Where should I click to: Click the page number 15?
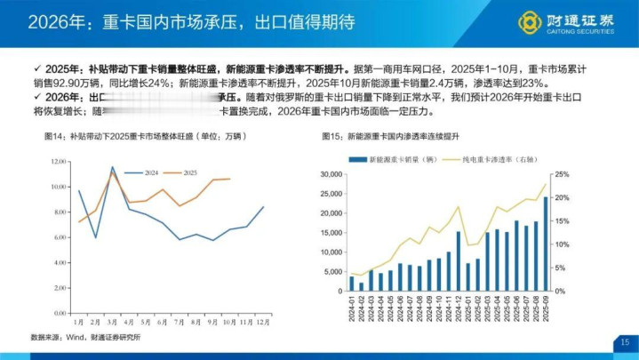[625, 342]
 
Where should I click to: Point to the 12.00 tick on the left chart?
[60, 161]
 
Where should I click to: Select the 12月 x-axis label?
[263, 321]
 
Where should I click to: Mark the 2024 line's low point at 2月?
[96, 237]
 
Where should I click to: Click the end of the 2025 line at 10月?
[230, 179]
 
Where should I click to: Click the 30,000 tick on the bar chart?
[330, 174]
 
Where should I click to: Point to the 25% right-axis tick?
[563, 174]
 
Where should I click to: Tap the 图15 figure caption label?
[331, 138]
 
